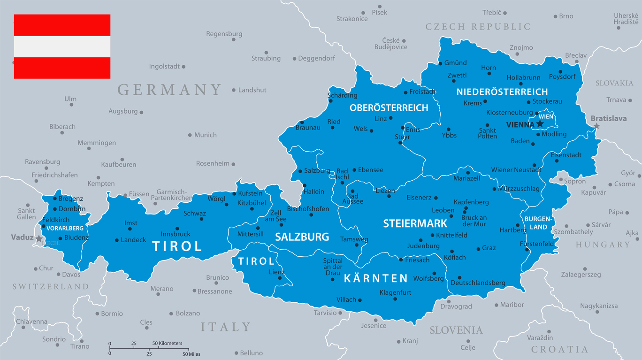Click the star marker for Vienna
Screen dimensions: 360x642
[x=540, y=124]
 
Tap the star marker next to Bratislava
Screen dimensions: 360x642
[x=596, y=126]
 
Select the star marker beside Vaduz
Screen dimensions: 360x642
[x=38, y=239]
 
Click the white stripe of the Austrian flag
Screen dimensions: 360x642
[x=62, y=46]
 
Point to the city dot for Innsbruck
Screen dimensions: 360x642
[x=177, y=229]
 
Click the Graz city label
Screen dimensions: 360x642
[x=489, y=248]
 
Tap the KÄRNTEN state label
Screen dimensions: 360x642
[x=376, y=278]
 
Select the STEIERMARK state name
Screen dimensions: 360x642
[x=415, y=223]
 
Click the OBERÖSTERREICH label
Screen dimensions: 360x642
[x=389, y=108]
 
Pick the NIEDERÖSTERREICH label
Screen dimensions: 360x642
[x=502, y=92]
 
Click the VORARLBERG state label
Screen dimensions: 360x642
[x=65, y=228]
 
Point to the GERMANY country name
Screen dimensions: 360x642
[x=169, y=90]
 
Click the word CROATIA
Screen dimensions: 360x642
[x=559, y=349]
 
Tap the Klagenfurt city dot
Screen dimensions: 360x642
[x=396, y=299]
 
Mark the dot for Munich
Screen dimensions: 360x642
[x=190, y=135]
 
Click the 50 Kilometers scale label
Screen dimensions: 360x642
[x=167, y=344]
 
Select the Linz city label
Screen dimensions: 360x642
[x=381, y=118]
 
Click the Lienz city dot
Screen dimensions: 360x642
[x=280, y=278]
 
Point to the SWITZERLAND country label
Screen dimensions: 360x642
[x=51, y=286]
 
